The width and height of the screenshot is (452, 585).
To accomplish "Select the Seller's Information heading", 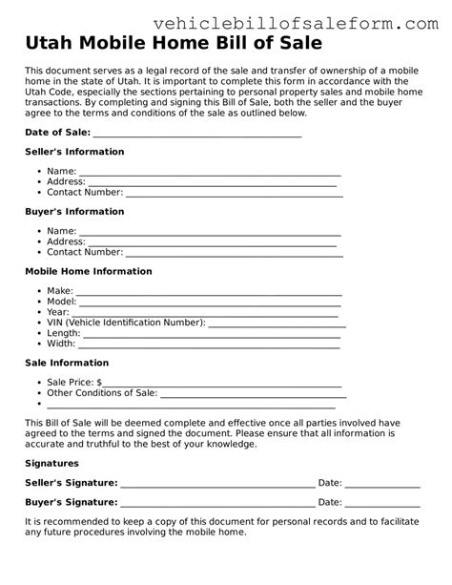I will pos(73,152).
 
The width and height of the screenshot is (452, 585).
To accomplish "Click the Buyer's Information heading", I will pos(73,212).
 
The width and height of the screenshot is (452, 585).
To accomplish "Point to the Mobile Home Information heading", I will pos(88,272).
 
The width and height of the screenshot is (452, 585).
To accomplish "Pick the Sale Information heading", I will pos(66,363).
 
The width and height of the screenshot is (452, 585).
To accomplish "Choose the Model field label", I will pos(61,301).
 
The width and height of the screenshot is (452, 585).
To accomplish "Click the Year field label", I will pos(57,312).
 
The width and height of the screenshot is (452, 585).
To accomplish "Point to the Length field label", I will pos(63,333).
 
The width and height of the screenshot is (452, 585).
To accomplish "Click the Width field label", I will pos(60,344).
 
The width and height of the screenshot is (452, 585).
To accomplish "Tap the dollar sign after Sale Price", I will pos(98,382).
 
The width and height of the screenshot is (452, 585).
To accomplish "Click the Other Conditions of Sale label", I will pos(102,392).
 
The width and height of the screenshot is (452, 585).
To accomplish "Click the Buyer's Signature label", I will pos(71,502).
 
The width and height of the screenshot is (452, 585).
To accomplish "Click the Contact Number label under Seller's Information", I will pos(85,192).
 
